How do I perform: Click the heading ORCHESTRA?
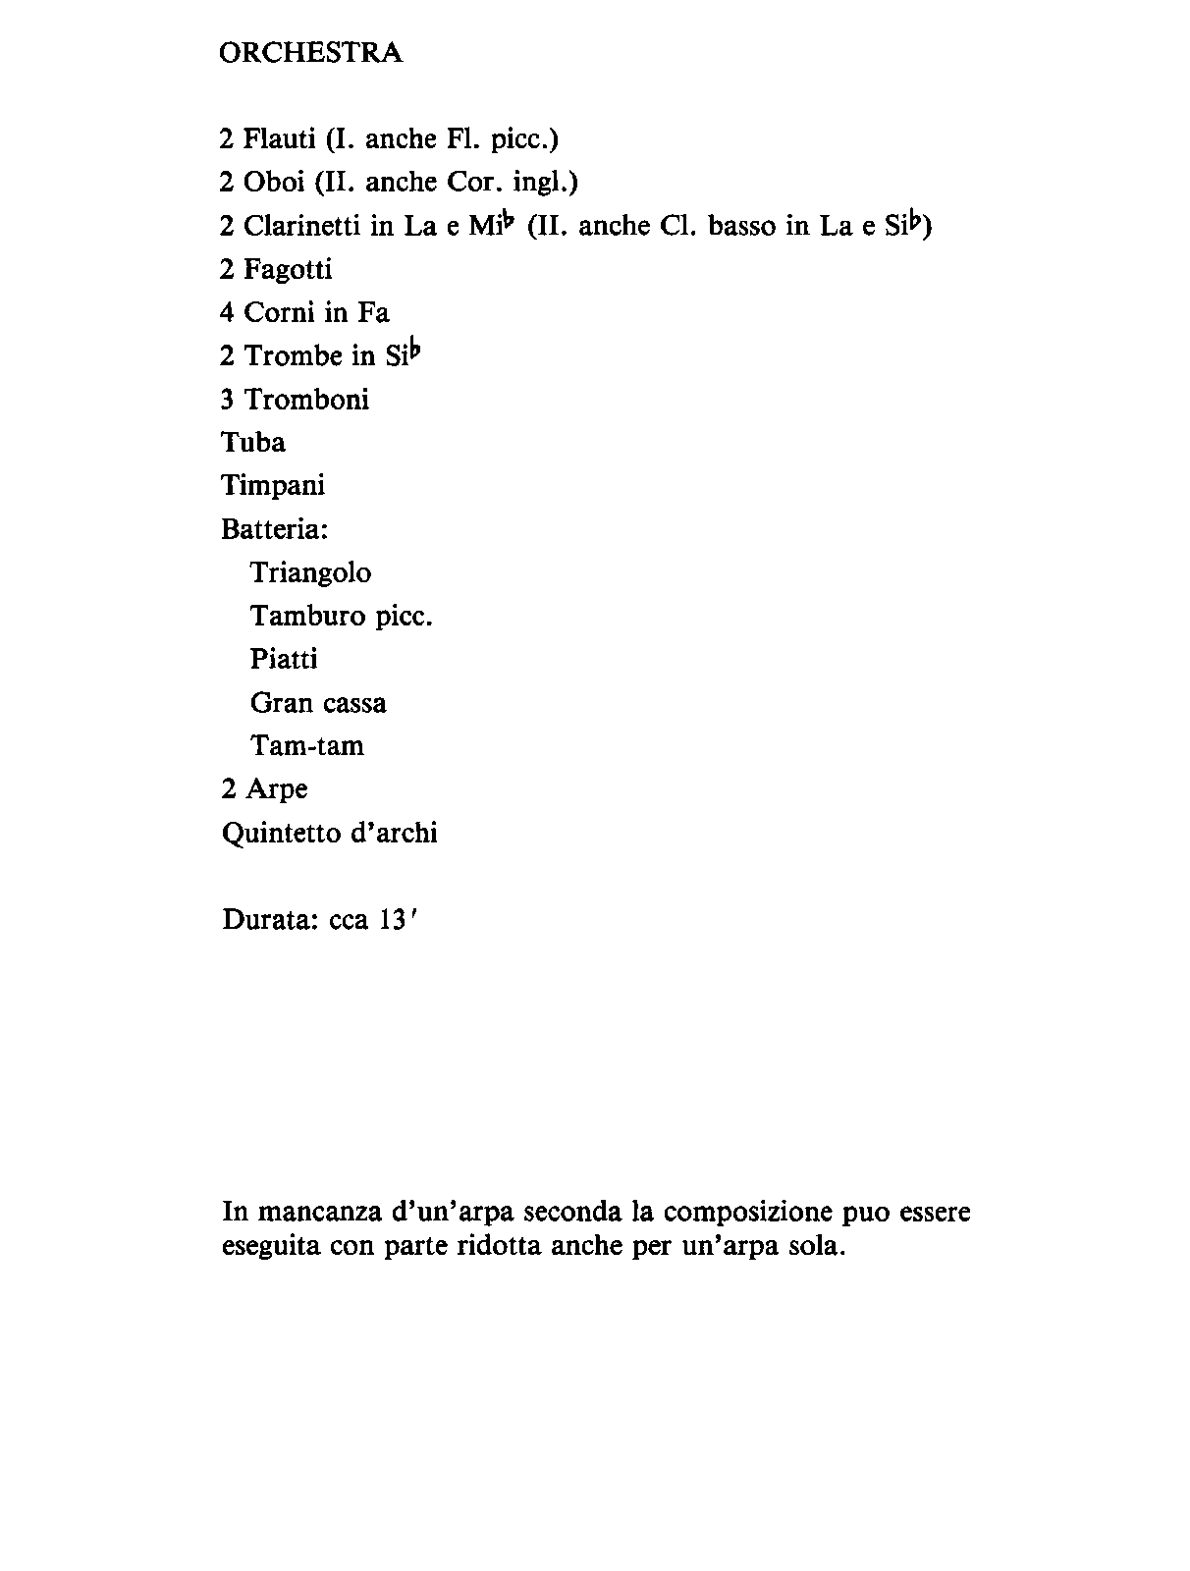point(310,53)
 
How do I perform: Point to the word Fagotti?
point(288,269)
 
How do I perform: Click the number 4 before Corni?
point(227,313)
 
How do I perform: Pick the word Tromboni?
point(306,400)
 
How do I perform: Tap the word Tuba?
point(253,443)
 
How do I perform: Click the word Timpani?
point(273,486)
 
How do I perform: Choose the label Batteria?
point(275,529)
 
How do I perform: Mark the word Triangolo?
point(310,572)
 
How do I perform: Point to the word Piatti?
point(284,659)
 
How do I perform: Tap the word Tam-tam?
point(307,746)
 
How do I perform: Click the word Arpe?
point(277,789)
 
